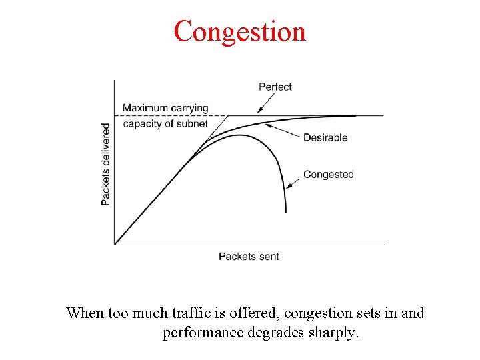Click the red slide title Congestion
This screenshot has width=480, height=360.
(x=240, y=31)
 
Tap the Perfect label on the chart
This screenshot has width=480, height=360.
(x=275, y=87)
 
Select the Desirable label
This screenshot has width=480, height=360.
(x=325, y=137)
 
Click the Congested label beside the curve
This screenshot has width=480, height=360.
(x=328, y=175)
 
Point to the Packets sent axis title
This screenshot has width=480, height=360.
(x=249, y=256)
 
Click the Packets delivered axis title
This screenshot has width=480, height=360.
(x=106, y=163)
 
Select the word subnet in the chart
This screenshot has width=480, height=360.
(x=193, y=123)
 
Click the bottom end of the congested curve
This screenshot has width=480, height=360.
(x=285, y=212)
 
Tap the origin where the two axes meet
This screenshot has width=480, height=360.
(x=115, y=245)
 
